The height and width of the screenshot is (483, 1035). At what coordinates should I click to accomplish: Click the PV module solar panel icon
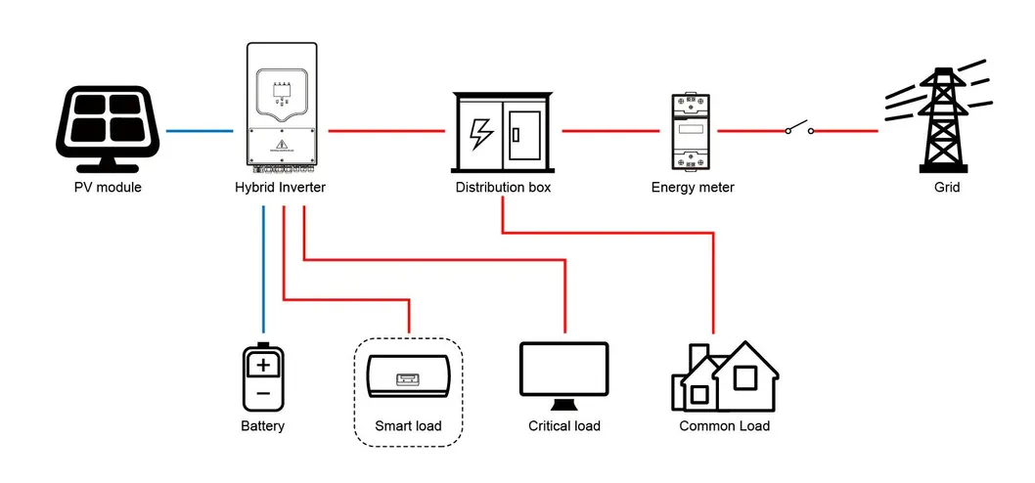(107, 126)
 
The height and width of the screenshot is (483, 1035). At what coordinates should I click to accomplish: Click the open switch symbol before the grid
(798, 128)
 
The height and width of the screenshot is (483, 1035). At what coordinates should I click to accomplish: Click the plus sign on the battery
(262, 366)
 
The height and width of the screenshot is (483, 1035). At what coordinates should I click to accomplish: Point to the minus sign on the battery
(262, 393)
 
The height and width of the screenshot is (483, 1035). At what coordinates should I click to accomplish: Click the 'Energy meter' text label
(692, 187)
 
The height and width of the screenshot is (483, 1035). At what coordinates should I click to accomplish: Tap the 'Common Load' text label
(724, 426)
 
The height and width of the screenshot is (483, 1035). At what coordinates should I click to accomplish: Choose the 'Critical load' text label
(563, 426)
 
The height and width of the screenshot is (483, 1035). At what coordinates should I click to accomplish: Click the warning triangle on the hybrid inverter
(283, 145)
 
